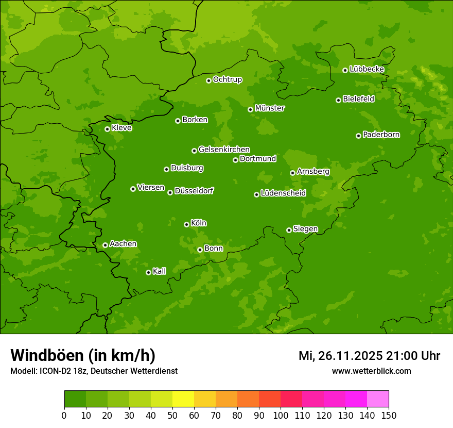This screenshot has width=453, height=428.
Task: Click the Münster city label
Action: coord(270,108)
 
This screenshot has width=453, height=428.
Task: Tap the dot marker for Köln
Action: coord(186,224)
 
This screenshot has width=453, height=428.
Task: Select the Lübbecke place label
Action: coord(367,69)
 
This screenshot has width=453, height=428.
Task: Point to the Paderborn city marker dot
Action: coord(358,136)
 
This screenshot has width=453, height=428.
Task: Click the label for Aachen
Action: coord(123,243)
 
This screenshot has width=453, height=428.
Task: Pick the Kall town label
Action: coord(160,271)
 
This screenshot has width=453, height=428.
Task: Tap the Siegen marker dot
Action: coord(289,230)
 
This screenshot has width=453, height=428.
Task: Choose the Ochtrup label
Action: coord(227,79)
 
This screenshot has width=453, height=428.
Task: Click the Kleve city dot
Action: coord(107,129)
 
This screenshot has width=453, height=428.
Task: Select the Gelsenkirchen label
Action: coord(224,150)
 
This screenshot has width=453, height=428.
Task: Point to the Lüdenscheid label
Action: coord(283,193)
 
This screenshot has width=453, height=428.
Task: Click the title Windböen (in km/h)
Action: coord(83,355)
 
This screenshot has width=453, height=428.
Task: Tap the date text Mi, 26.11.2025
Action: coord(340,356)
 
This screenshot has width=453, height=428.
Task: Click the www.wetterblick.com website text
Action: coord(371,371)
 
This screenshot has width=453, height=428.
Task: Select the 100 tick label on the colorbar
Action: coord(281,415)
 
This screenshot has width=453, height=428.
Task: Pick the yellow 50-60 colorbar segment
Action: coord(183,399)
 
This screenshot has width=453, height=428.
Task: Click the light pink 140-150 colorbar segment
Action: coord(378,399)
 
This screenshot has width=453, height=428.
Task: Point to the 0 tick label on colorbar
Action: coord(64,415)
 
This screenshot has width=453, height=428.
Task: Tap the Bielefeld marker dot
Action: coord(338,100)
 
